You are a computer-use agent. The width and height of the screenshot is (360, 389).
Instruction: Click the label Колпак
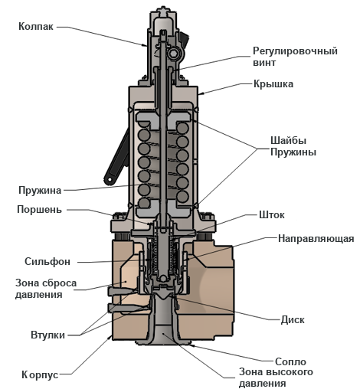(36, 26)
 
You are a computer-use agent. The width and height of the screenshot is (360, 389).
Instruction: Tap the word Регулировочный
(295, 51)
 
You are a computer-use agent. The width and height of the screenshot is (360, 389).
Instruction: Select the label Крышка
(273, 84)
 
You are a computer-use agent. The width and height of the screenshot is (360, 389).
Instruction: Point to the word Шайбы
(288, 140)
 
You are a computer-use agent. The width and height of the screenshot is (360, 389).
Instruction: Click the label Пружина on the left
(40, 191)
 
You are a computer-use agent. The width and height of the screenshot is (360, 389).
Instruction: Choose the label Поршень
(39, 210)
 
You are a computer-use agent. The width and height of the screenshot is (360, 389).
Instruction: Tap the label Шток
(272, 215)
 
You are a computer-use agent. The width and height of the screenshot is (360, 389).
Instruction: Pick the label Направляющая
(316, 239)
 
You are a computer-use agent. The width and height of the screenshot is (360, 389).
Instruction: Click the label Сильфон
(47, 262)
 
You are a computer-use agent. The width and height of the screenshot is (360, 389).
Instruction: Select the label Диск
(293, 320)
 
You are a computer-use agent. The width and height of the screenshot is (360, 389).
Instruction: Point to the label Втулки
(47, 335)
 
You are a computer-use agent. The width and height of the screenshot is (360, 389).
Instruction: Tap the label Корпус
(40, 375)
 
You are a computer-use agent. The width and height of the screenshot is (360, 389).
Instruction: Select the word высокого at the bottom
(290, 372)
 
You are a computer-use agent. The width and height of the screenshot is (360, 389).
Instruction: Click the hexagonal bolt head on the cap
(173, 54)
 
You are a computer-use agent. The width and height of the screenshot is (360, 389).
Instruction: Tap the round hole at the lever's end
(110, 179)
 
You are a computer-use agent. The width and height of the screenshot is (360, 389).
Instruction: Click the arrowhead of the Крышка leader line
(201, 94)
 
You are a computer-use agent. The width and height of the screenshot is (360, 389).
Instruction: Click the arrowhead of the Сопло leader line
(191, 345)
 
